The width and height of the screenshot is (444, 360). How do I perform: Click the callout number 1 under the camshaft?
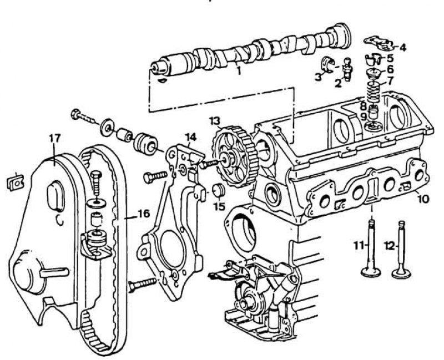[239, 70]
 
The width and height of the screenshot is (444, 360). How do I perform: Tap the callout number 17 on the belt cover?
[54, 139]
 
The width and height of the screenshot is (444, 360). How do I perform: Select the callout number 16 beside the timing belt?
[144, 214]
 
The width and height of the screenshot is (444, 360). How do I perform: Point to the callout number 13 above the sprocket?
[215, 121]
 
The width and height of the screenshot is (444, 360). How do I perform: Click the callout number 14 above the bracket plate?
[190, 137]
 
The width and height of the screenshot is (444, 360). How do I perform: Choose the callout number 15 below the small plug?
[219, 206]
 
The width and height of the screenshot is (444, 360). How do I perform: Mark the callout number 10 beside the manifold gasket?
[423, 199]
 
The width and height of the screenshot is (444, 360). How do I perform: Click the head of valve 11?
[371, 272]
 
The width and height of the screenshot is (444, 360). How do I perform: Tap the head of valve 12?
[402, 273]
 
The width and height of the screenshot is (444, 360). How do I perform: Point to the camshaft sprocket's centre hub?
[227, 159]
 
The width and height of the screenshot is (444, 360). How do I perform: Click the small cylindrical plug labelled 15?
[219, 190]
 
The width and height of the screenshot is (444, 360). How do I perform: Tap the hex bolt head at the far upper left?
[75, 114]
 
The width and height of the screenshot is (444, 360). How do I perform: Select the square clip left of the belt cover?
[16, 182]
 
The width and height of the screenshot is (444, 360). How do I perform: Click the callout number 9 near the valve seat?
[364, 116]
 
